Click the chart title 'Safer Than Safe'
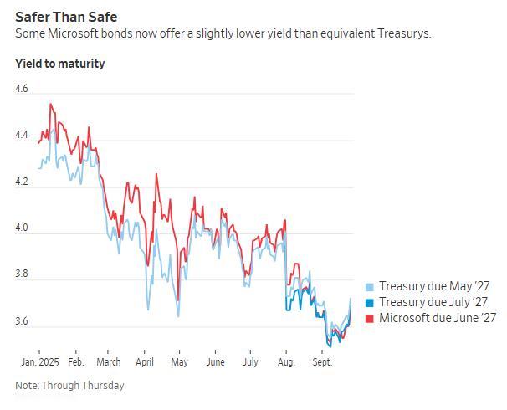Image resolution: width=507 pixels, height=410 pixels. pyautogui.click(x=66, y=16)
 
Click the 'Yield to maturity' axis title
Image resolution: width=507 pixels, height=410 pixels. pyautogui.click(x=60, y=64)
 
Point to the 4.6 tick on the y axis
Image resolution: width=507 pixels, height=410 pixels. pyautogui.click(x=22, y=89)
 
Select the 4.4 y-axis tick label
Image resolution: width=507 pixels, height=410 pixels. pyautogui.click(x=22, y=135)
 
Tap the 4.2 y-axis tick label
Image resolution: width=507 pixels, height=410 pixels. pyautogui.click(x=22, y=182)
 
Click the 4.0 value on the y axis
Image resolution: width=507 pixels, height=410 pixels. pyautogui.click(x=22, y=228)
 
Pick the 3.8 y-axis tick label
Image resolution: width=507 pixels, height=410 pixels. pyautogui.click(x=22, y=274)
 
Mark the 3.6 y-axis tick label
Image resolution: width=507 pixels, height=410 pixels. pyautogui.click(x=22, y=321)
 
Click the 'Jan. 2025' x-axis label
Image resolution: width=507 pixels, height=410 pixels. pyautogui.click(x=38, y=362)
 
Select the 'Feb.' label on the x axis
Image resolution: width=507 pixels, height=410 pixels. pyautogui.click(x=76, y=362)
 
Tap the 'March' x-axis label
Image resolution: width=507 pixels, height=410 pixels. pyautogui.click(x=108, y=362)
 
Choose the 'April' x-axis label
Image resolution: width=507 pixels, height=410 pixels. pyautogui.click(x=144, y=362)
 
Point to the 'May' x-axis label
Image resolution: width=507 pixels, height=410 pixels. pyautogui.click(x=179, y=362)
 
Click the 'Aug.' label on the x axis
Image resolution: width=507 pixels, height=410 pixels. pyautogui.click(x=286, y=362)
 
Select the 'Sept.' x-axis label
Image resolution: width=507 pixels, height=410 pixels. pyautogui.click(x=322, y=362)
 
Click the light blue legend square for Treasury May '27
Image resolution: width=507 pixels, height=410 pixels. pyautogui.click(x=370, y=286)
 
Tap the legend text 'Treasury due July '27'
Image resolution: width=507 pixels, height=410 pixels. pyautogui.click(x=433, y=302)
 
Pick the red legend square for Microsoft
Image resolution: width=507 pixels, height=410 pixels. pyautogui.click(x=370, y=318)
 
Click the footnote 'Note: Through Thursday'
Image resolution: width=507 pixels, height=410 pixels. pyautogui.click(x=69, y=386)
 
